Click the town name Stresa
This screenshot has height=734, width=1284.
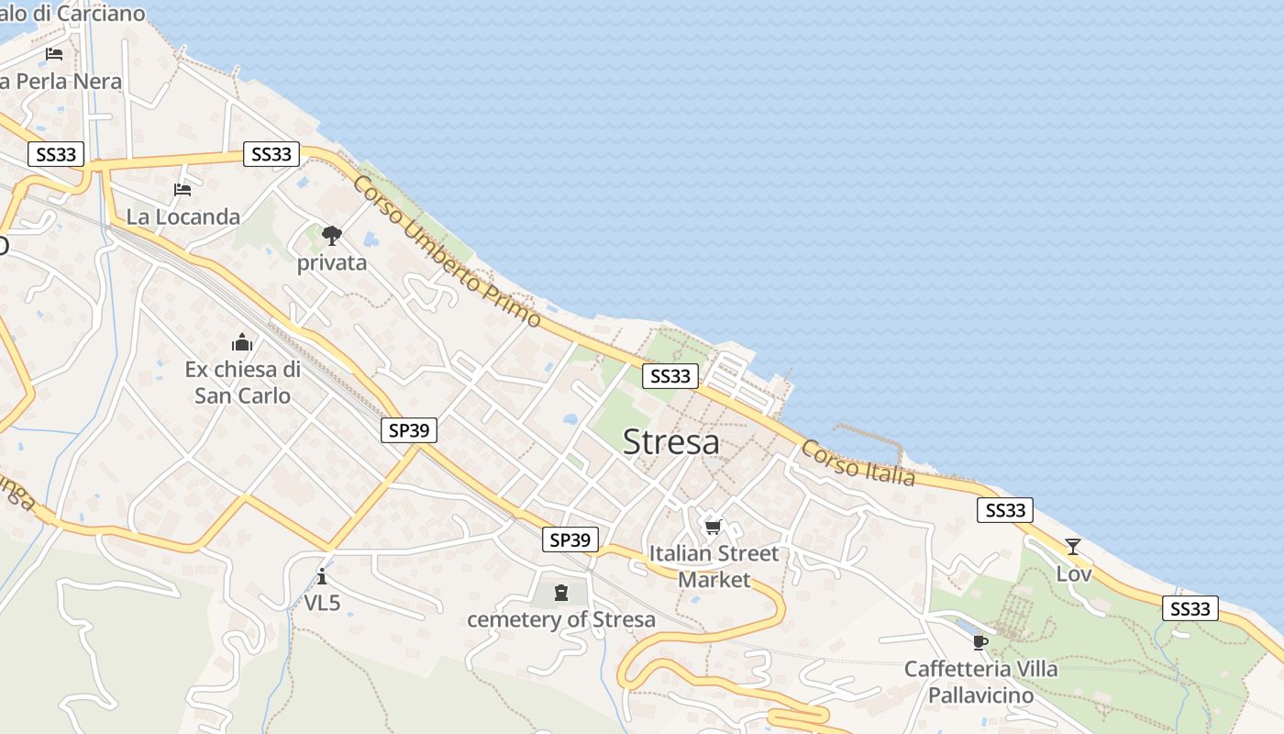tap(670, 442)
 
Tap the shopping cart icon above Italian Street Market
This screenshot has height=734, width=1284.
tap(713, 527)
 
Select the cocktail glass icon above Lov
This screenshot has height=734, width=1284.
tap(1073, 547)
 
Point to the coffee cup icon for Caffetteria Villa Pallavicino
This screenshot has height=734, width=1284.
tap(980, 642)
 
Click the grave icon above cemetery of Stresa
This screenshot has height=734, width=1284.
tap(561, 594)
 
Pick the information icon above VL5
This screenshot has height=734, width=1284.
tap(322, 576)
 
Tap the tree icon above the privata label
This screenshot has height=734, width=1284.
tap(331, 236)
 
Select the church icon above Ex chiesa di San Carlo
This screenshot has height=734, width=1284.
tap(242, 343)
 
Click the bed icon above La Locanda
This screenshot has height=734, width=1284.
tap(183, 190)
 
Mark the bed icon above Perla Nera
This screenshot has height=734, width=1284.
tap(54, 53)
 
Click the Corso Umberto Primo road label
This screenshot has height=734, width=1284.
tap(447, 250)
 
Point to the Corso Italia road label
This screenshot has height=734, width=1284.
tap(858, 462)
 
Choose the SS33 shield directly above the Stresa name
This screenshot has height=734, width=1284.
tap(670, 375)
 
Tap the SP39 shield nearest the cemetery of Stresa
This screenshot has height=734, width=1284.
tap(570, 539)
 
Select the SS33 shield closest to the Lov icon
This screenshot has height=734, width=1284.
tap(1005, 510)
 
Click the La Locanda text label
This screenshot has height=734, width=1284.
tap(183, 217)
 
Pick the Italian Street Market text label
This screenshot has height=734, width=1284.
tap(714, 566)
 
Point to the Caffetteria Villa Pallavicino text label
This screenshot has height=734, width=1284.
tap(980, 682)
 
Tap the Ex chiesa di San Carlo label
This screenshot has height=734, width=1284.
tap(242, 383)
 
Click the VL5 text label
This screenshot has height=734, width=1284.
tap(322, 603)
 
